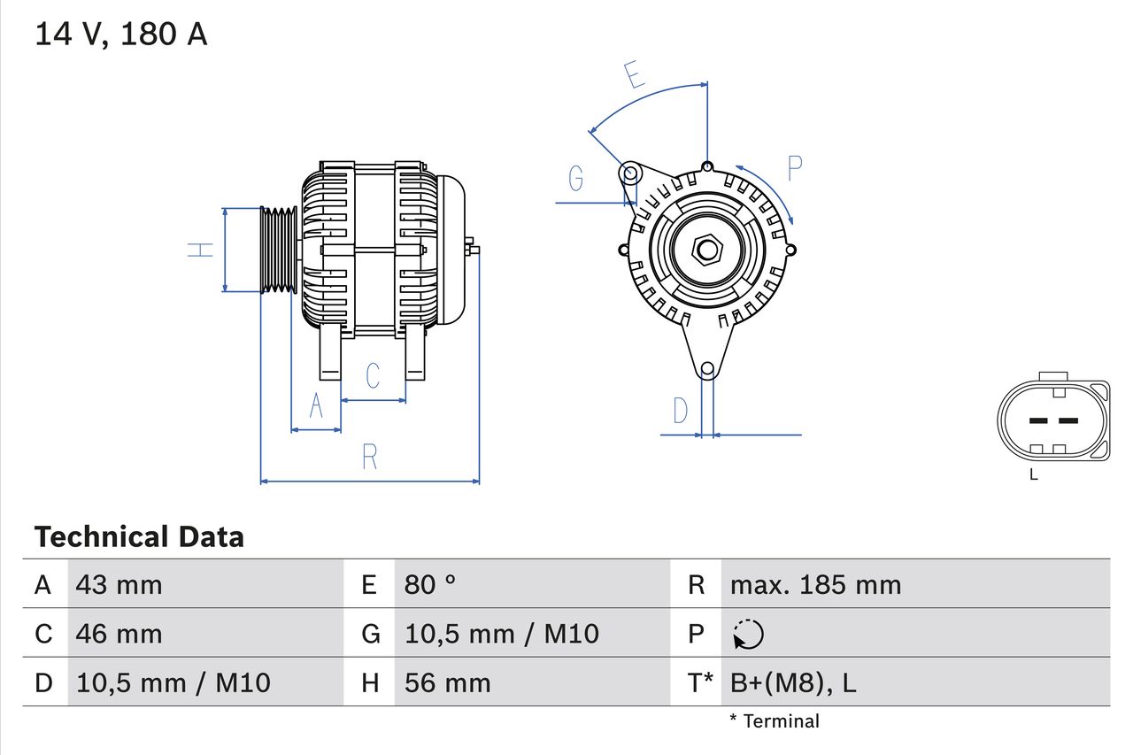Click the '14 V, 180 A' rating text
tap(121, 35)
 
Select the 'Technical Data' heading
tap(139, 537)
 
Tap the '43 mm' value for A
tap(119, 584)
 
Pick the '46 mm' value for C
tap(119, 634)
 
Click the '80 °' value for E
tap(430, 584)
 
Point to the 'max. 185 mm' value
tap(815, 584)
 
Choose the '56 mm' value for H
tap(447, 682)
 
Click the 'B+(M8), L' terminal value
tap(793, 682)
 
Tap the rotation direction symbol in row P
tap(748, 634)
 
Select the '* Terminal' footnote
tap(775, 721)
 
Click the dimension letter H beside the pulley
tap(202, 250)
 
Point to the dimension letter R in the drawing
tap(370, 457)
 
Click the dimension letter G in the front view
tap(575, 179)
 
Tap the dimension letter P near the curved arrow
tap(794, 167)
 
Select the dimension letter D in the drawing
tap(680, 411)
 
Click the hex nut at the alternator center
tap(706, 250)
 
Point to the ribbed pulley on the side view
tap(278, 250)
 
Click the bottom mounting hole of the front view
tap(707, 369)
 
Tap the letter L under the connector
tap(1033, 474)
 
